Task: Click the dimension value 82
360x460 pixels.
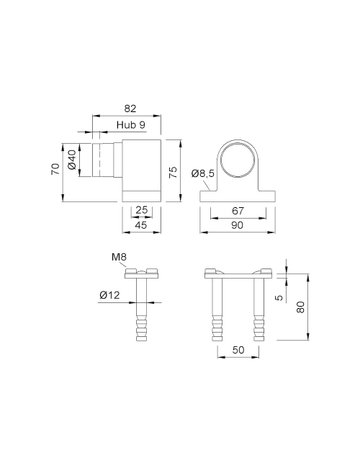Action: click(x=130, y=108)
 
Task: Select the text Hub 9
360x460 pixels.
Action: click(x=131, y=125)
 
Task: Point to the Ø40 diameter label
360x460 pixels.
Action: click(x=72, y=159)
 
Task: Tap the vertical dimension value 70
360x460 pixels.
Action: click(x=55, y=169)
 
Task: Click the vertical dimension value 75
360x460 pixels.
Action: click(x=173, y=172)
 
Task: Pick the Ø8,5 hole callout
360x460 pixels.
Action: click(x=203, y=173)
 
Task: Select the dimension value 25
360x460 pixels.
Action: click(x=141, y=210)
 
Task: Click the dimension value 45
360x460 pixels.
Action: click(x=141, y=225)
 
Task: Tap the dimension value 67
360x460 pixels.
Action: click(x=238, y=211)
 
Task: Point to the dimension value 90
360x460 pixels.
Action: click(x=237, y=225)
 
